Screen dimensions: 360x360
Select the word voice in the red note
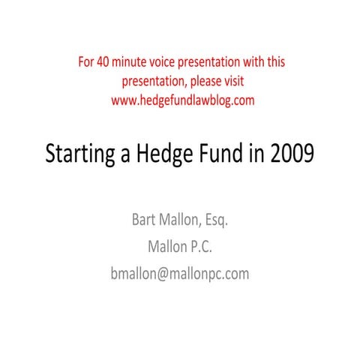click(x=174, y=61)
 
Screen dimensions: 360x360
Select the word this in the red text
click(x=273, y=61)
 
